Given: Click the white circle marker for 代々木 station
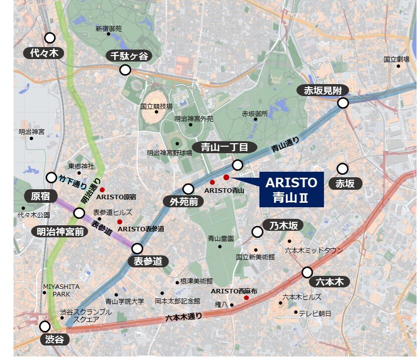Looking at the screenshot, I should (x=50, y=38).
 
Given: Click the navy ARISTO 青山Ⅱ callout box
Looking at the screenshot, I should (x=291, y=189).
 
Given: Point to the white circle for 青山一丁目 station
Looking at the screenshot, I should (x=238, y=165).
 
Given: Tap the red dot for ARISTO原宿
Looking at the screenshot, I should (x=102, y=190).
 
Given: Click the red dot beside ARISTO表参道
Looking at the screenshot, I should (x=119, y=221).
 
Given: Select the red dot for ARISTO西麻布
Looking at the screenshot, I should (x=246, y=298).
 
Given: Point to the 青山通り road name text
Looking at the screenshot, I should (x=285, y=145).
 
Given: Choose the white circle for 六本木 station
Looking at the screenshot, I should (x=307, y=272).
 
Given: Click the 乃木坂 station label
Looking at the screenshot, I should (x=281, y=226).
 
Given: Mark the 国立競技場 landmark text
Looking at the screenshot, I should (x=156, y=106).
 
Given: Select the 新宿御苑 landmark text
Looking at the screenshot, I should (x=109, y=29).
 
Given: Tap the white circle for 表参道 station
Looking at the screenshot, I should (x=137, y=248).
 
